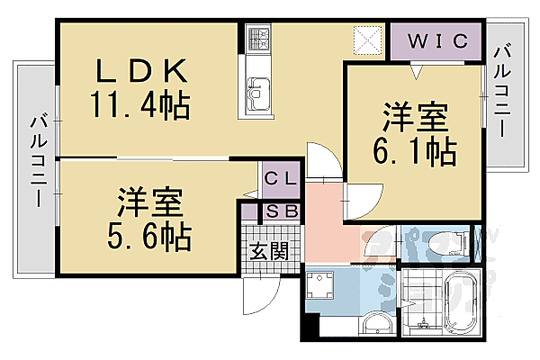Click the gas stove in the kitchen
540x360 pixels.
coord(259,40)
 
